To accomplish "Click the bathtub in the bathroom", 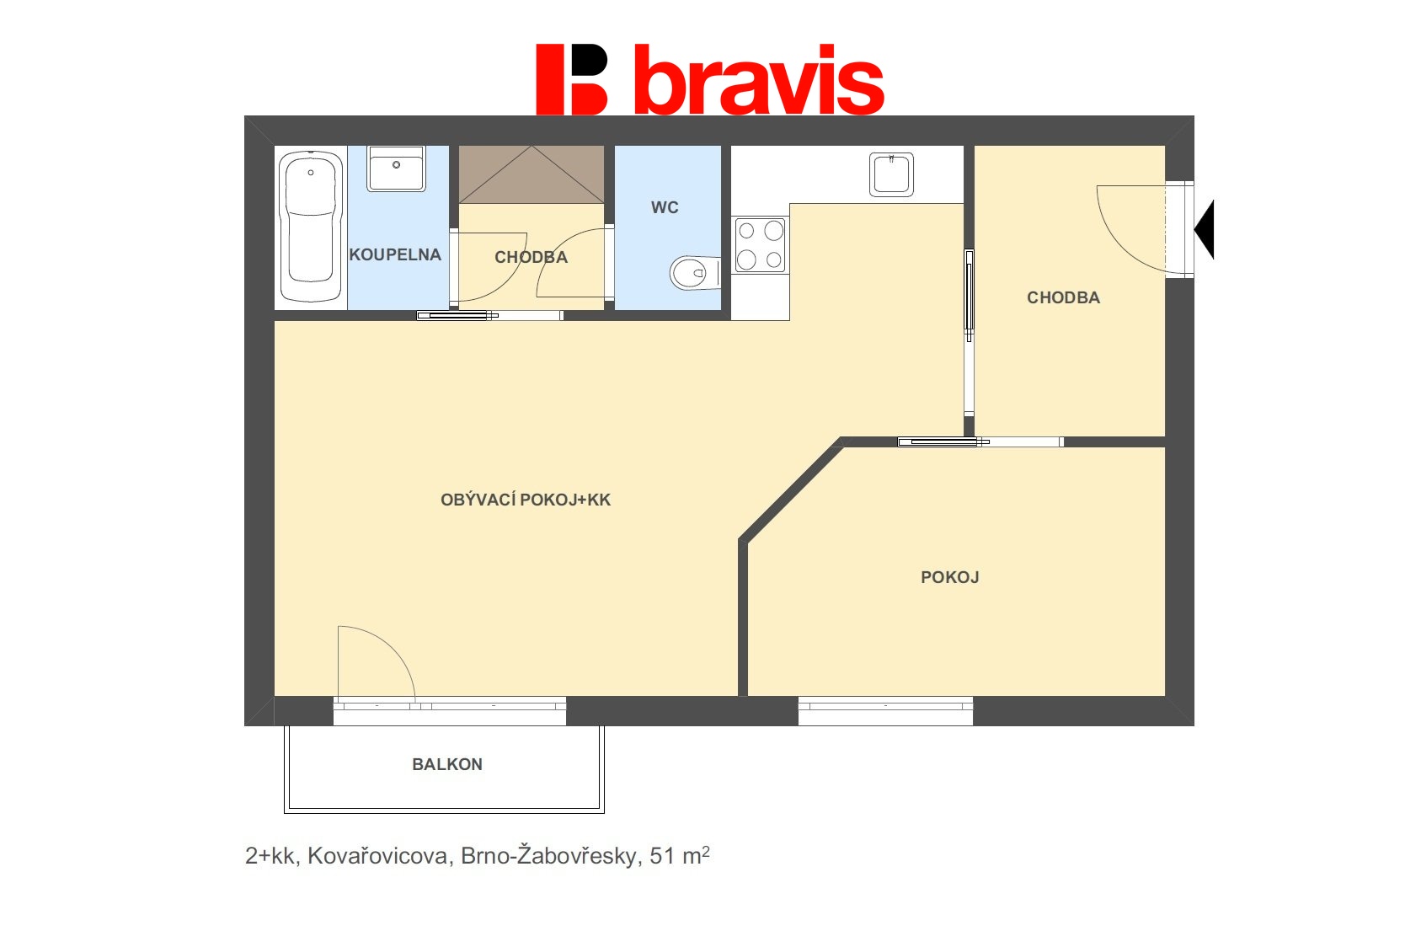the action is (310, 227).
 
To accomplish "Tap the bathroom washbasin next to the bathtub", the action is (396, 169).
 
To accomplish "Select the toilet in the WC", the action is (695, 273).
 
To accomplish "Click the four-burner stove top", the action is (760, 245).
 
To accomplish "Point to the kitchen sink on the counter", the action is (891, 174).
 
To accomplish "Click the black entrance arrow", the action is (1204, 229).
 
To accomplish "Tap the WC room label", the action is (665, 207).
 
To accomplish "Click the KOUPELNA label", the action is (394, 254).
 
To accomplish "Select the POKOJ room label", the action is (949, 577).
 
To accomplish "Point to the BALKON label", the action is (447, 764).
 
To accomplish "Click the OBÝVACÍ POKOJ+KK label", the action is (526, 500).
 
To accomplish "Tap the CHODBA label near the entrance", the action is (1063, 297).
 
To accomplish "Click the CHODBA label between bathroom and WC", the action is (531, 257).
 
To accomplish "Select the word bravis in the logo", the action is (759, 80).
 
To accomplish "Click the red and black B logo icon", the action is (572, 79).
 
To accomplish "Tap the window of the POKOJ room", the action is (885, 711).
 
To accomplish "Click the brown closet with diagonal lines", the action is (531, 174).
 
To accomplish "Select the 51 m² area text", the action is (680, 855).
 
